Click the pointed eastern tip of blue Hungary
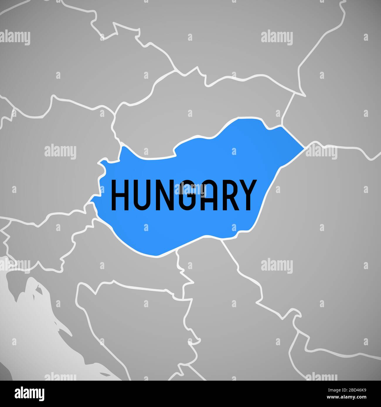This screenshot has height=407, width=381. click(304, 148)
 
